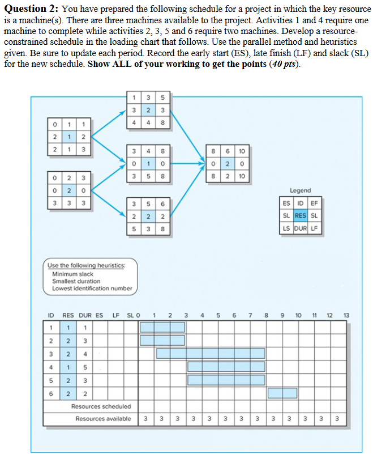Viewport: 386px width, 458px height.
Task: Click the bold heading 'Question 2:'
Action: (x=29, y=9)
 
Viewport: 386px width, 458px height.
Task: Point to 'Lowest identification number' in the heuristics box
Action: (x=92, y=288)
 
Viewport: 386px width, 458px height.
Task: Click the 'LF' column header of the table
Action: (x=116, y=315)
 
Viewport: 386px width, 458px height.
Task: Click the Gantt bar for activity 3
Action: (x=211, y=353)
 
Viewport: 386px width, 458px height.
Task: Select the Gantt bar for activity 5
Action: (x=226, y=379)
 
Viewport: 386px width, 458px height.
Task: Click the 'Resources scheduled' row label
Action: (x=101, y=406)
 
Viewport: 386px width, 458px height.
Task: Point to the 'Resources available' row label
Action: (x=104, y=419)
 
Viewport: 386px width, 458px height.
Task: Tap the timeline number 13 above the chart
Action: (x=347, y=315)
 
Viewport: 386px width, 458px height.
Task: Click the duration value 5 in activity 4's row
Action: (x=85, y=366)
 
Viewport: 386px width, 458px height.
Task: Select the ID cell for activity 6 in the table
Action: (x=51, y=392)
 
